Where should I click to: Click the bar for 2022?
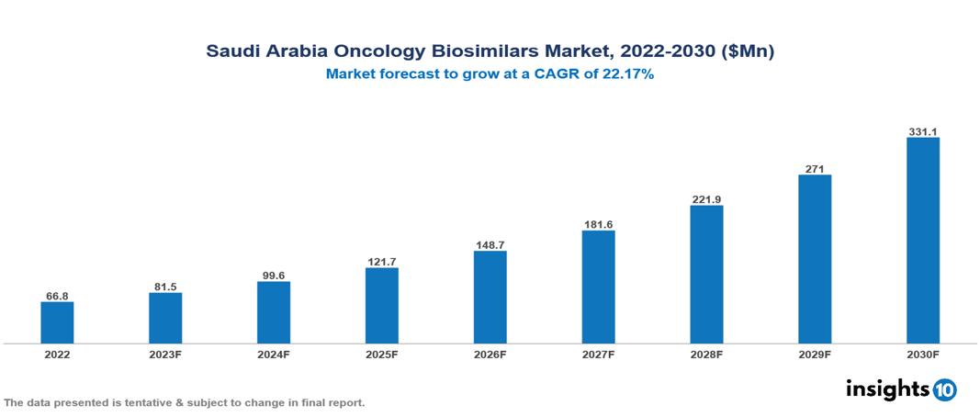pyautogui.click(x=57, y=322)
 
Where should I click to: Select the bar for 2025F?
pyautogui.click(x=381, y=306)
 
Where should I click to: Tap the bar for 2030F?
pyautogui.click(x=922, y=241)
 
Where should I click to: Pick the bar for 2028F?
pyautogui.click(x=706, y=275)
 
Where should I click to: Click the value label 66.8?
pyautogui.click(x=57, y=296)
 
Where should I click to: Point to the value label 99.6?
pyautogui.click(x=274, y=275)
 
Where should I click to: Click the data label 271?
pyautogui.click(x=815, y=168)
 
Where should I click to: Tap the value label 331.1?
pyautogui.click(x=922, y=131)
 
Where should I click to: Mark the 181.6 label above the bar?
pyautogui.click(x=598, y=224)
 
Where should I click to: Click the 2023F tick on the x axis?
pyautogui.click(x=165, y=354)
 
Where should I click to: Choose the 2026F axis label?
pyautogui.click(x=490, y=354)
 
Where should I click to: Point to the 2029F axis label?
pyautogui.click(x=815, y=354)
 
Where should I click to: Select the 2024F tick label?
pyautogui.click(x=274, y=354)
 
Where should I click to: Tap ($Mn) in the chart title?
pyautogui.click(x=746, y=52)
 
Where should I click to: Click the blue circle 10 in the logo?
pyautogui.click(x=944, y=389)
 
